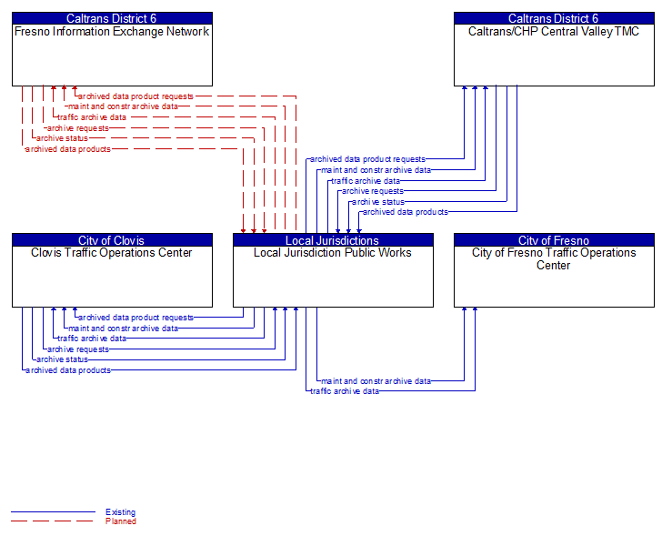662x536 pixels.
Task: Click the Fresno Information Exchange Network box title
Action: click(x=112, y=31)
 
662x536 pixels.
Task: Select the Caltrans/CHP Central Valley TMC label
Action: click(x=554, y=31)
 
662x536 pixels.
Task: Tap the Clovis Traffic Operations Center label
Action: click(x=112, y=252)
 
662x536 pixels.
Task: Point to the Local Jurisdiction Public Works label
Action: click(x=333, y=252)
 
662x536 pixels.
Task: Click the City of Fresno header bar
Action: click(x=554, y=240)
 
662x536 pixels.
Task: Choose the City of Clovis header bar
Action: click(x=112, y=240)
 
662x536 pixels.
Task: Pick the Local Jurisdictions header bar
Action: click(x=333, y=240)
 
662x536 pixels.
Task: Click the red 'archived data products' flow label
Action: click(x=68, y=148)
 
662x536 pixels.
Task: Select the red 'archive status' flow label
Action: click(x=63, y=138)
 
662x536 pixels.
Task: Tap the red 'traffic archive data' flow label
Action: click(x=92, y=117)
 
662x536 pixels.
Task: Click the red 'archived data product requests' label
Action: click(x=135, y=96)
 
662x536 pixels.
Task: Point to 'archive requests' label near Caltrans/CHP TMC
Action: click(x=373, y=191)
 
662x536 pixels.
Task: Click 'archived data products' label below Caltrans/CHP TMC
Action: click(x=406, y=212)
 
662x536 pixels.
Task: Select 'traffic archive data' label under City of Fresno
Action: click(x=345, y=390)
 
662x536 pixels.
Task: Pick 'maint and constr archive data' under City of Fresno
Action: click(x=376, y=380)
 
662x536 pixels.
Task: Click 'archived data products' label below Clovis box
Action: click(x=68, y=370)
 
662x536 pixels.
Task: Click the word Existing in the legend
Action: click(x=120, y=512)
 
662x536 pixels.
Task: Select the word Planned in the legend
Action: click(x=120, y=521)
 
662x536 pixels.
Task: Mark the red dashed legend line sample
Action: click(x=52, y=521)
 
